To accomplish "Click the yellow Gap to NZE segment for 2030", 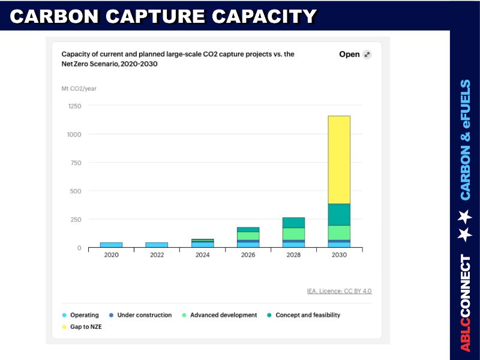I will click(339, 160).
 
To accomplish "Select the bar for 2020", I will click(111, 245).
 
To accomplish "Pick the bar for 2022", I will click(157, 245).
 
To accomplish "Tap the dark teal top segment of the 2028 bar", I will click(293, 223).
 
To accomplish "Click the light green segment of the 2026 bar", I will click(248, 236).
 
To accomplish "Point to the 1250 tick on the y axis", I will click(74, 106).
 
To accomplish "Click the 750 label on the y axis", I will click(74, 163).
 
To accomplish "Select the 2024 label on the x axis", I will click(202, 255).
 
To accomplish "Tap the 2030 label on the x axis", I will click(339, 255).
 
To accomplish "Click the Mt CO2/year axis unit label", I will click(79, 89).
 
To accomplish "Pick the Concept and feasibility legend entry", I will click(307, 315).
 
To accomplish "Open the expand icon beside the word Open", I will click(367, 55).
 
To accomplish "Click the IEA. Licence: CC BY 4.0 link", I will click(339, 291).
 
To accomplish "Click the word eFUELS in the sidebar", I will click(466, 109).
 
